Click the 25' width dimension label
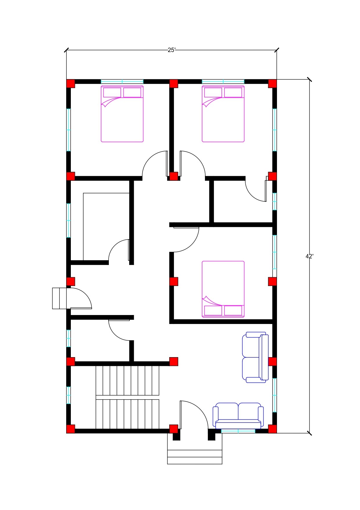click(172, 50)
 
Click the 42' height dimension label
click(309, 256)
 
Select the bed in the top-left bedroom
click(122, 114)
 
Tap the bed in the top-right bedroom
click(223, 114)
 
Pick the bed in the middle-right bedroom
click(223, 289)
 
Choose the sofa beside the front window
click(238, 416)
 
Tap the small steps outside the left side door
click(60, 298)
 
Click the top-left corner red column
click(71, 84)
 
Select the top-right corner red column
click(272, 84)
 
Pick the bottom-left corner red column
click(71, 429)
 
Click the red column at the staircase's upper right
click(174, 362)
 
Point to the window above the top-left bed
click(122, 81)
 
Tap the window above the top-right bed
click(223, 81)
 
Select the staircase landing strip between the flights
click(127, 397)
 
